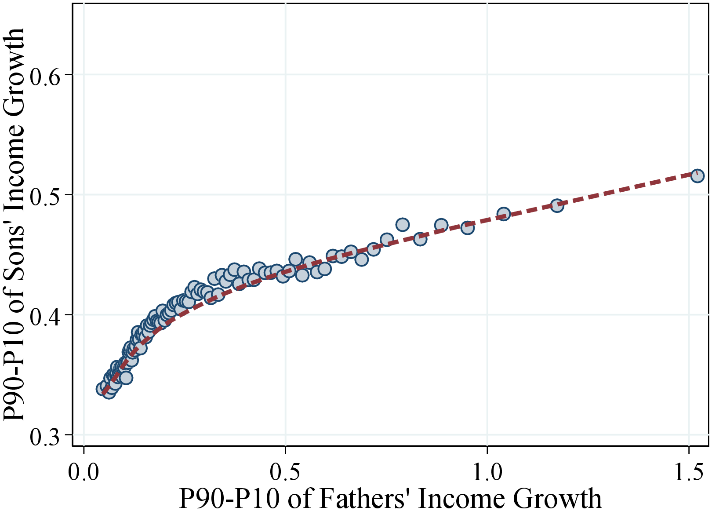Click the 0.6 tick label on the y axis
(x=44, y=75)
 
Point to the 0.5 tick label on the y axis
(x=44, y=195)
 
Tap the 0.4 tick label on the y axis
(x=44, y=315)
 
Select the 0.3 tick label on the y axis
(x=44, y=435)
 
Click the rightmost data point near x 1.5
(x=697, y=176)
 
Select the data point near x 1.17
(x=557, y=205)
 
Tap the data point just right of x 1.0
(x=504, y=214)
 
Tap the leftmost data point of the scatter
(x=103, y=389)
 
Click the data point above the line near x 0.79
(x=403, y=225)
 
